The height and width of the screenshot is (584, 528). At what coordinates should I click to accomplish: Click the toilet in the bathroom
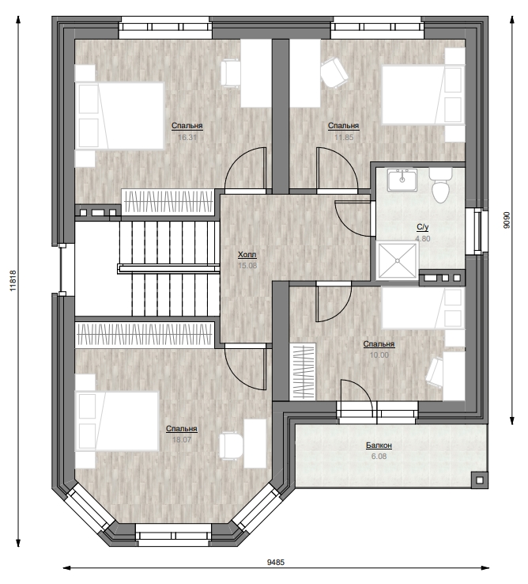click(440, 185)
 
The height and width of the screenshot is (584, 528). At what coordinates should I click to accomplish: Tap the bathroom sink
click(402, 180)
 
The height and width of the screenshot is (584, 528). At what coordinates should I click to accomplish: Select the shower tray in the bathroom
click(398, 260)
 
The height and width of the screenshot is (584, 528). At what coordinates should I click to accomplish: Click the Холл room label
click(247, 255)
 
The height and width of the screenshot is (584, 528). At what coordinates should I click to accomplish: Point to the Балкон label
click(379, 446)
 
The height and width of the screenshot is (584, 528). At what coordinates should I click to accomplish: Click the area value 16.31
click(187, 137)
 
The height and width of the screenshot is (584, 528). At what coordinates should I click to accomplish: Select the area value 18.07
click(182, 439)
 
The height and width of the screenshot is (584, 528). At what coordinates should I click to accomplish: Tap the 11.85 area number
click(344, 137)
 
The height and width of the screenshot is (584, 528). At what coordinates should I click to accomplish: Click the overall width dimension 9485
click(276, 563)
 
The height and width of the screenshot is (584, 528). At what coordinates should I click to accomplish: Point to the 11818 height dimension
click(13, 280)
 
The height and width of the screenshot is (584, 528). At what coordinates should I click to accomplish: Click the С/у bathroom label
click(423, 227)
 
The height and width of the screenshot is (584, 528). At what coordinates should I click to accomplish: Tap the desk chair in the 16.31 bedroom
click(230, 74)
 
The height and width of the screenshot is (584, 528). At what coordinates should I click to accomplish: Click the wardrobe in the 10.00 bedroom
click(303, 372)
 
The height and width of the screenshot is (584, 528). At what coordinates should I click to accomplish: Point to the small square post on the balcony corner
click(478, 480)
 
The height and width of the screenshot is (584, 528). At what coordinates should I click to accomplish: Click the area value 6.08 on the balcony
click(379, 457)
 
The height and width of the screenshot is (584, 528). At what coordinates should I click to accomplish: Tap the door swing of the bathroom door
click(353, 219)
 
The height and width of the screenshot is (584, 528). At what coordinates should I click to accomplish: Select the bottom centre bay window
click(173, 532)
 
